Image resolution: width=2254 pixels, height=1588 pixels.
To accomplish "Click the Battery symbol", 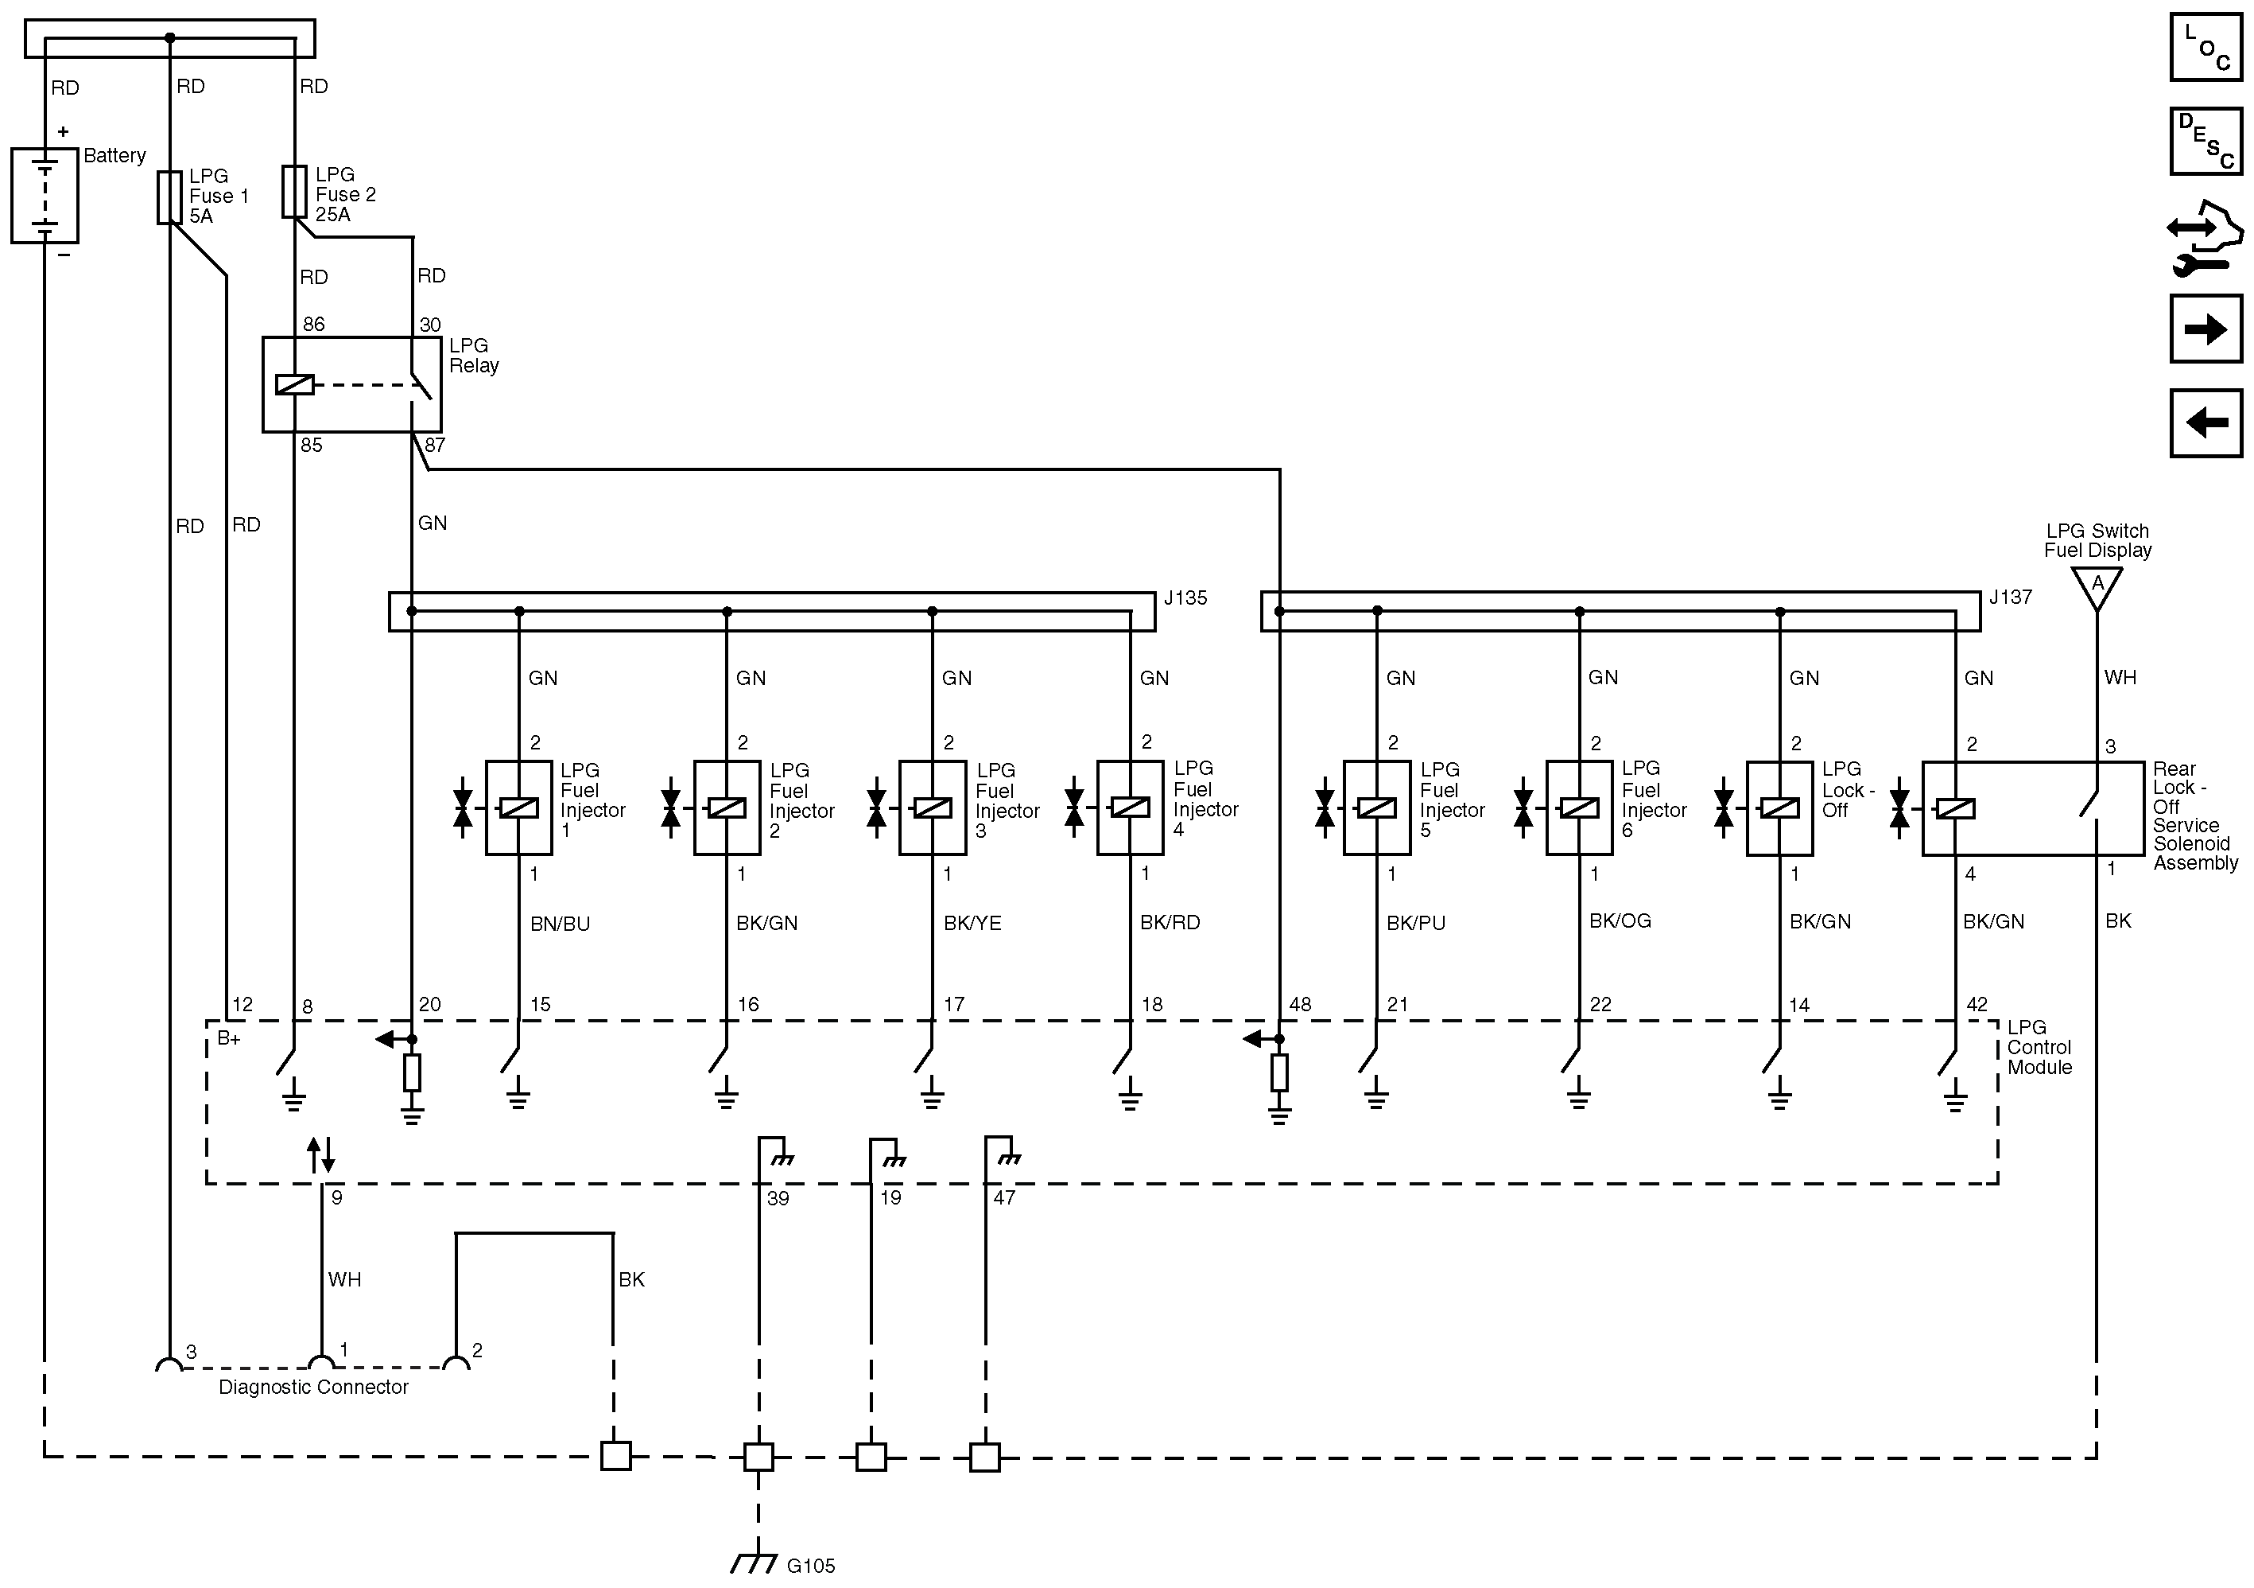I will tap(45, 196).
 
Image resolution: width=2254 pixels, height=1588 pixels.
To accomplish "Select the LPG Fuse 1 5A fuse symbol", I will tap(169, 197).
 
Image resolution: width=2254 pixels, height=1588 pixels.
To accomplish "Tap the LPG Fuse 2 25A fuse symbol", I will tap(294, 192).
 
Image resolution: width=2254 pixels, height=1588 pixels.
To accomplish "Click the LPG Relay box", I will tap(351, 384).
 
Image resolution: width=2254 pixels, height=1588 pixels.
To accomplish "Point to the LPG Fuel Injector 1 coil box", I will tap(518, 808).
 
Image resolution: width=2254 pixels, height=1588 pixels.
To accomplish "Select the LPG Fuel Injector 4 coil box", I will tap(1129, 808).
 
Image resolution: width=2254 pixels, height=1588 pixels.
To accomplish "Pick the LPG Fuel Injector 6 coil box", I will tap(1578, 808).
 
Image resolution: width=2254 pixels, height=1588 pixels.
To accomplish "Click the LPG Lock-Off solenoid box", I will tap(1779, 808).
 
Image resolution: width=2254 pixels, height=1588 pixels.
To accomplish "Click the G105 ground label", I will tap(811, 1566).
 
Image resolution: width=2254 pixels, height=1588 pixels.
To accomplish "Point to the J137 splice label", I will tap(2010, 597).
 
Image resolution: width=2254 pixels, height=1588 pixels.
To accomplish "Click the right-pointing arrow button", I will tap(2206, 329).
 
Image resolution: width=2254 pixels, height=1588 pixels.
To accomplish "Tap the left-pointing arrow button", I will tap(2206, 422).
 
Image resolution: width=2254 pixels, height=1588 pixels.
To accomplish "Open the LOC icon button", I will tap(2206, 46).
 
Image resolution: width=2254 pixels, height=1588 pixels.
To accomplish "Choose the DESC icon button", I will tap(2206, 142).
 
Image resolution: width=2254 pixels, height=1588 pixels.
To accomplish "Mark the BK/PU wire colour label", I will tap(1416, 923).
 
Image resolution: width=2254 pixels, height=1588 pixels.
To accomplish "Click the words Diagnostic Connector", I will tap(313, 1387).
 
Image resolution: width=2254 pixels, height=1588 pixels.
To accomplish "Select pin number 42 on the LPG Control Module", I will tap(1977, 1005).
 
